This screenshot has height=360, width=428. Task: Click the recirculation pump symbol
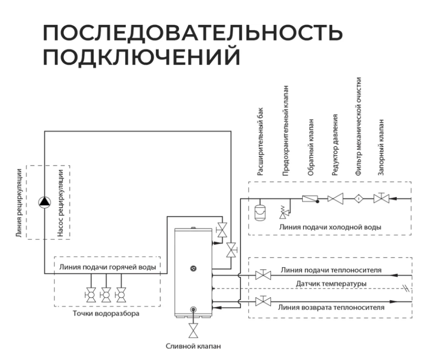click(45, 202)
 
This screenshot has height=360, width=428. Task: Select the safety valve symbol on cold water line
click(283, 211)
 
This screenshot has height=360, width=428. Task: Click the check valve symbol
click(310, 199)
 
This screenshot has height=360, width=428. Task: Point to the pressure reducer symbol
click(336, 199)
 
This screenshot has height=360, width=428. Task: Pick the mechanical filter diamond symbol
click(359, 199)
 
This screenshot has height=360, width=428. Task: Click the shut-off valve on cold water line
click(381, 199)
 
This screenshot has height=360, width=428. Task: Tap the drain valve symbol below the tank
click(194, 330)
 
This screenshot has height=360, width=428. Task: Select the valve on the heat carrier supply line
click(262, 275)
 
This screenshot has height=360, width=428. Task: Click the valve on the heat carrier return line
click(262, 302)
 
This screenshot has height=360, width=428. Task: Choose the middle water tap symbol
click(105, 295)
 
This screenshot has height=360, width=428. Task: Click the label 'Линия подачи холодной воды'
click(329, 227)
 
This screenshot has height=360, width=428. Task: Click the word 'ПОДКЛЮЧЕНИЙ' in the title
click(142, 58)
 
